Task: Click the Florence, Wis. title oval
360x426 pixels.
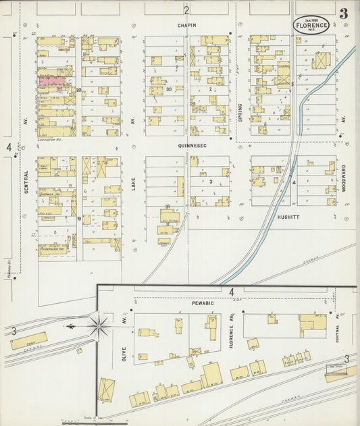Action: click(311, 25)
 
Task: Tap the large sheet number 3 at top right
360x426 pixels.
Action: click(344, 14)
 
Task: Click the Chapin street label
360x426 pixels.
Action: click(187, 26)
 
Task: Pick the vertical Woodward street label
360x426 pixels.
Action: click(343, 180)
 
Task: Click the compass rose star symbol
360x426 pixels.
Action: click(99, 327)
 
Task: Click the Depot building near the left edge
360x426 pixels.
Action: click(28, 340)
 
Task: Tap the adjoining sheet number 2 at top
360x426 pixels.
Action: click(186, 10)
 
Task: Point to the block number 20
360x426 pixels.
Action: click(79, 90)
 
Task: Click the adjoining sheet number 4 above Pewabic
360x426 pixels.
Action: click(231, 292)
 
